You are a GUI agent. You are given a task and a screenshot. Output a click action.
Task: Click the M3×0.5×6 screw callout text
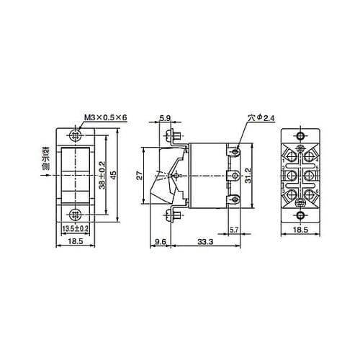[x=105, y=117]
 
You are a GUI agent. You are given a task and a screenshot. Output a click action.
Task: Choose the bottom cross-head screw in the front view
[x=74, y=214]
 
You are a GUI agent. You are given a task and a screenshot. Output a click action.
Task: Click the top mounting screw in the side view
[x=172, y=136]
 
